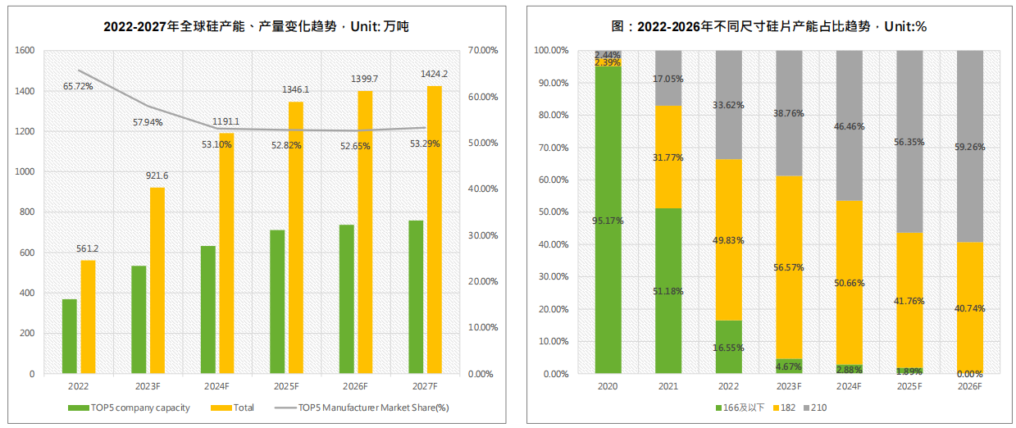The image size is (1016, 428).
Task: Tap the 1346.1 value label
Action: pyautogui.click(x=295, y=89)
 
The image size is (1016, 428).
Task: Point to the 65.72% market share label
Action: pyautogui.click(x=79, y=85)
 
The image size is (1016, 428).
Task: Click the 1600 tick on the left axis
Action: pyautogui.click(x=25, y=51)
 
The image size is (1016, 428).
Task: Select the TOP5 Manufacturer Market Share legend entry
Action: pyautogui.click(x=373, y=408)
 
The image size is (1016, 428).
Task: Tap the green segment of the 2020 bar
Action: pyautogui.click(x=608, y=246)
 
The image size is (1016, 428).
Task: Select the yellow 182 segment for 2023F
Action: pyautogui.click(x=789, y=267)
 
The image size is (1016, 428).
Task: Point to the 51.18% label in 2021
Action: pyautogui.click(x=668, y=291)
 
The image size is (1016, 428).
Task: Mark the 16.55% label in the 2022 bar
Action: pyautogui.click(x=728, y=348)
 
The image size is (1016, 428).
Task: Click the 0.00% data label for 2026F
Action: pyautogui.click(x=970, y=373)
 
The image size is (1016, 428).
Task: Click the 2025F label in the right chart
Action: pyautogui.click(x=909, y=386)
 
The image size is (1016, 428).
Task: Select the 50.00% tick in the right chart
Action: pyautogui.click(x=551, y=212)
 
